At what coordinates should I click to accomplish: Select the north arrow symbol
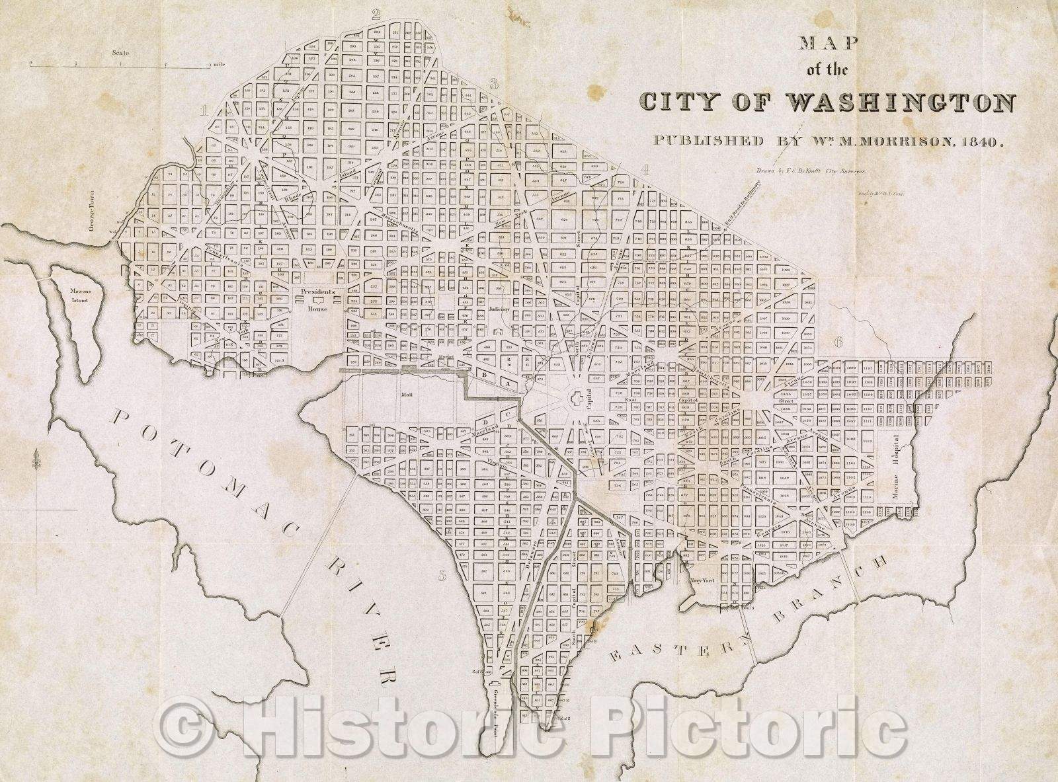click(34, 459)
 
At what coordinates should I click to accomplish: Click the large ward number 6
click(839, 342)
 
